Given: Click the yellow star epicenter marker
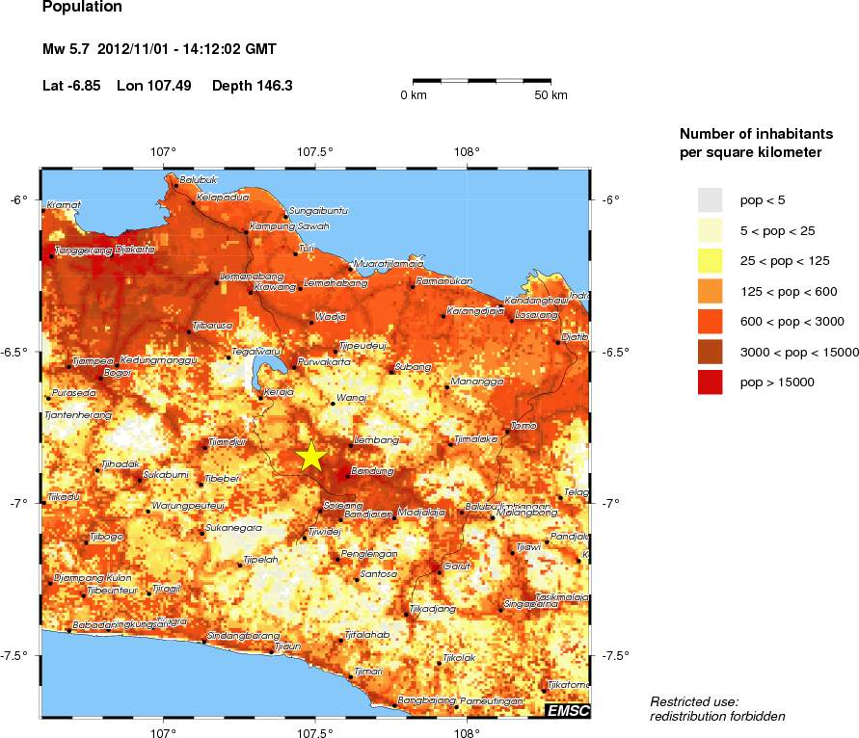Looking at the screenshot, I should point(310,457).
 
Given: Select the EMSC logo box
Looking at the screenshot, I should point(568,711).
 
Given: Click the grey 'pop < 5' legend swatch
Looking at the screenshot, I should point(710,199).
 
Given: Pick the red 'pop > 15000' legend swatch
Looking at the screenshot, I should point(710,382).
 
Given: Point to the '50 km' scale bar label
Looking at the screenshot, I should point(550,95).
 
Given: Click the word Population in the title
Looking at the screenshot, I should point(83,8).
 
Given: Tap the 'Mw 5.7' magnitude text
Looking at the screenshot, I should point(67,49).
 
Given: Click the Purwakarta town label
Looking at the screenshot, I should point(324,362).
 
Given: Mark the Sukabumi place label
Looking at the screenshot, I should point(165,474).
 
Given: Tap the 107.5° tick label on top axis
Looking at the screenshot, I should point(314,151).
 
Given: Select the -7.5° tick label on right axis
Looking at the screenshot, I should point(617,655).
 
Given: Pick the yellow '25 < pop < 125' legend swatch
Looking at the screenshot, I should point(710,260).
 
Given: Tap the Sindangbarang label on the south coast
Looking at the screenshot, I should point(237,635).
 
